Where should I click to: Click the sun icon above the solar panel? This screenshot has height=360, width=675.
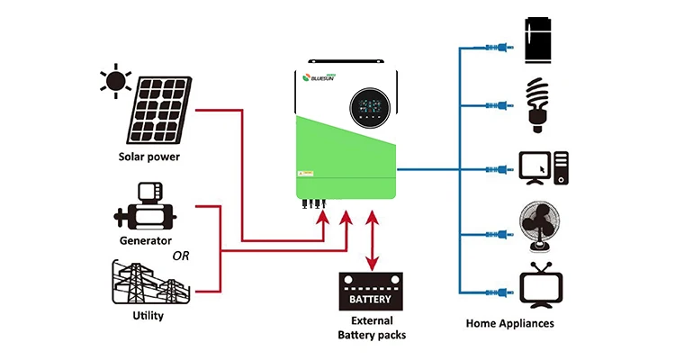pyautogui.click(x=116, y=82)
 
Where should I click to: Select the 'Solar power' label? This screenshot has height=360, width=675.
pyautogui.click(x=149, y=157)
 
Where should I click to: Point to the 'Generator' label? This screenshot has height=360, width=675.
pyautogui.click(x=146, y=241)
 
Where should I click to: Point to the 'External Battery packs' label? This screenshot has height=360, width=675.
pyautogui.click(x=372, y=328)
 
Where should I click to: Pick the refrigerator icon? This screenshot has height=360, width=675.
pyautogui.click(x=541, y=41)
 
